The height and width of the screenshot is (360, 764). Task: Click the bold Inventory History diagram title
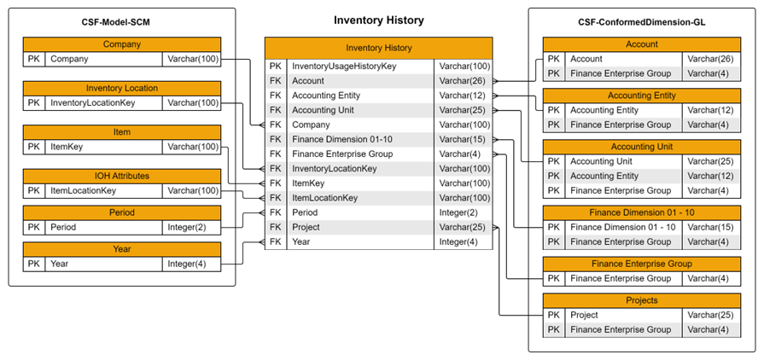(x=378, y=20)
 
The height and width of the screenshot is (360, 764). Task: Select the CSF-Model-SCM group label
(x=122, y=20)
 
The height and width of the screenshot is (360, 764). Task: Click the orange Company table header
(x=122, y=44)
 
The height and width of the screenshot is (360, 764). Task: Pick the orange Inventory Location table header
(x=122, y=88)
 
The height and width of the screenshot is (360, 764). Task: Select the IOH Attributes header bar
(x=122, y=176)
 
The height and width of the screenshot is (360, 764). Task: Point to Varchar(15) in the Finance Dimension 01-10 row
(x=462, y=139)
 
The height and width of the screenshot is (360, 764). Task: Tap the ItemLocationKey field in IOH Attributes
(x=84, y=190)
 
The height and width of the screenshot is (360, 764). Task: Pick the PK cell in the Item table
(x=33, y=147)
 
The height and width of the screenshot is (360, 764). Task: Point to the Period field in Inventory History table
(x=306, y=212)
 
